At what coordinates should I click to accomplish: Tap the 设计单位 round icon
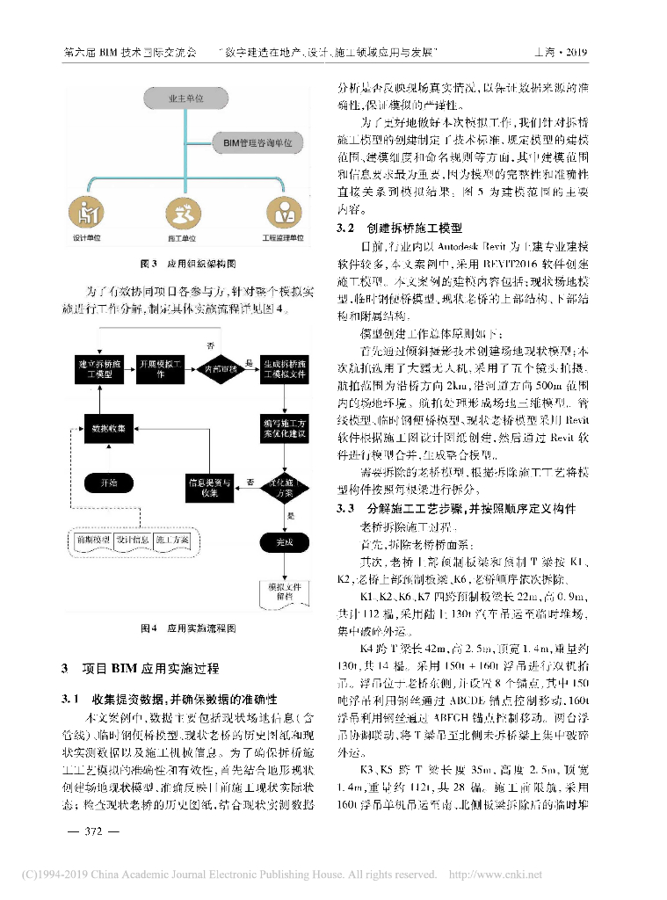[86, 213]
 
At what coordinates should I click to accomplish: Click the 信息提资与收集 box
[209, 487]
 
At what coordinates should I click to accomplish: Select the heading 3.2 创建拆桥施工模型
[400, 226]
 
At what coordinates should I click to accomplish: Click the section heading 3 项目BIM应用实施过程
[141, 669]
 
